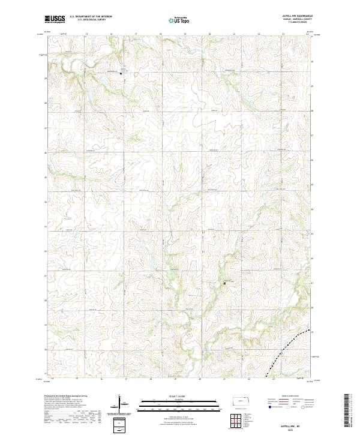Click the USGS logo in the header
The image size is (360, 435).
point(54,20)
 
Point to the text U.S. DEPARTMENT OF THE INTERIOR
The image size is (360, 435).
point(91,17)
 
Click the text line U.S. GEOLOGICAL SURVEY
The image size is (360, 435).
point(91,20)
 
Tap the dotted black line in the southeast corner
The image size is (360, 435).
point(282,354)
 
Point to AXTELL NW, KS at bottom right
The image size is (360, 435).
point(294,425)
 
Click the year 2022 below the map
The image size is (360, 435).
point(294,429)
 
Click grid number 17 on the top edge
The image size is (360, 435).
point(136,34)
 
